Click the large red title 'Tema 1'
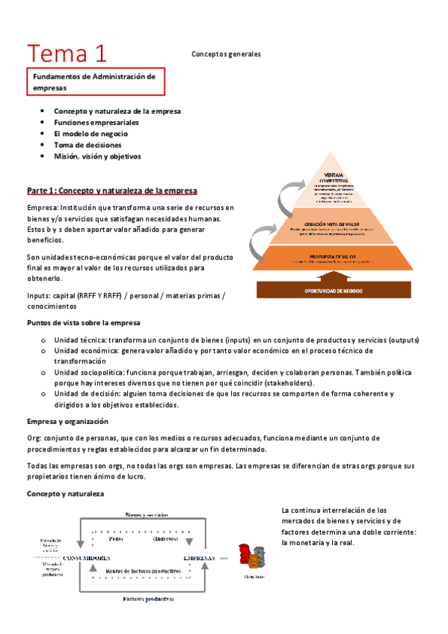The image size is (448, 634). point(67,53)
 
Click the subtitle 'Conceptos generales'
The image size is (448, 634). point(226,54)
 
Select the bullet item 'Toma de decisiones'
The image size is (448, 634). point(83,145)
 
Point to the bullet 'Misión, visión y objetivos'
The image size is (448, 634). point(97,156)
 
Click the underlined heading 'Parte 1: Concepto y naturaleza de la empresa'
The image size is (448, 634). point(111,191)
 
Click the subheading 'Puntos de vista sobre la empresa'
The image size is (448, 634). point(79,323)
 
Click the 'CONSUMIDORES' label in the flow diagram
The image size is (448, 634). point(90,558)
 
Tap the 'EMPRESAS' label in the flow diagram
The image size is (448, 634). point(200,558)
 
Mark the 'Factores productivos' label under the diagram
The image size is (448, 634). point(148,599)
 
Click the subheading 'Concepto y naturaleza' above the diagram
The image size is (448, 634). point(66,494)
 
